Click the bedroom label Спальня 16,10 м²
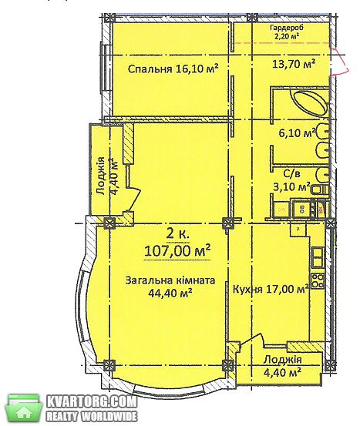point(173,69)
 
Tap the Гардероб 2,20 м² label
point(287,32)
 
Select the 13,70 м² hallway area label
point(294,64)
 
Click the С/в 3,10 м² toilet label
point(291,180)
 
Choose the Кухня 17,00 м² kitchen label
point(271,289)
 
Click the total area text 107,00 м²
point(177,251)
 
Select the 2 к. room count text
point(177,233)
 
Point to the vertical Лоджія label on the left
point(101,176)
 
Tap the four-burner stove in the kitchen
point(318,281)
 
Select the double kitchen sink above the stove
point(318,257)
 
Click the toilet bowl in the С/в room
point(321,190)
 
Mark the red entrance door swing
point(340,61)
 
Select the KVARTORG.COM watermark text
point(92,402)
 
